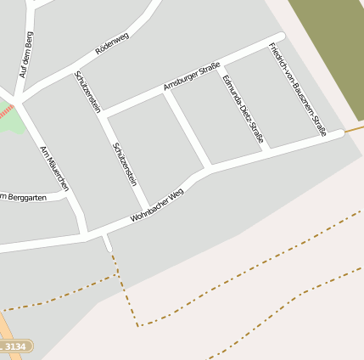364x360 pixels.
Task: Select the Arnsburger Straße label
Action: coord(192,75)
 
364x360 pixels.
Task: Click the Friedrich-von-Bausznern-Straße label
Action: coord(297,87)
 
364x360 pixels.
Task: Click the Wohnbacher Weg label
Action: coord(157,206)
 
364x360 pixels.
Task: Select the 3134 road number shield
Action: coord(14,346)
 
